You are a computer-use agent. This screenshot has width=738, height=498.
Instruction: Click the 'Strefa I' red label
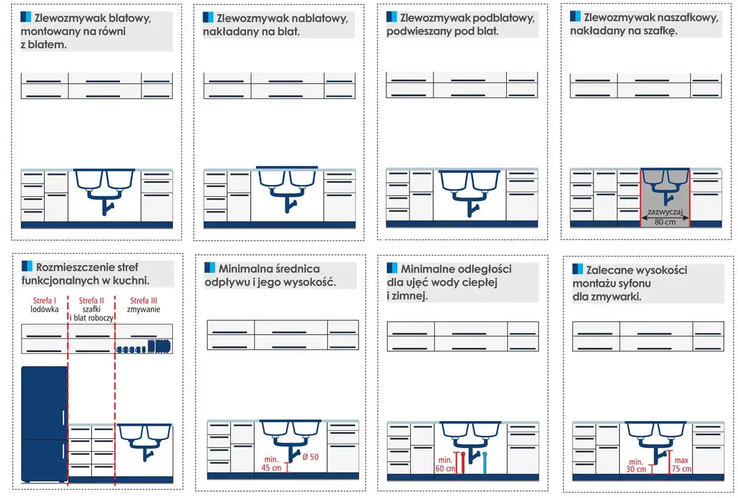pyautogui.click(x=44, y=300)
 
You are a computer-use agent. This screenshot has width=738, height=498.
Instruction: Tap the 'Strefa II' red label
pyautogui.click(x=91, y=300)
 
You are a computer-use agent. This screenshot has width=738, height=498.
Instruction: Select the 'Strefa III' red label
pyautogui.click(x=144, y=300)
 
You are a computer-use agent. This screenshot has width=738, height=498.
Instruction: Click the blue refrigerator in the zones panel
pyautogui.click(x=44, y=424)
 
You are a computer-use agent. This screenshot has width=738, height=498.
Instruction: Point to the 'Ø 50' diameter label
pyautogui.click(x=311, y=457)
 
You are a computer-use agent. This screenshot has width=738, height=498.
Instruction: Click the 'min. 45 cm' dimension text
pyautogui.click(x=271, y=464)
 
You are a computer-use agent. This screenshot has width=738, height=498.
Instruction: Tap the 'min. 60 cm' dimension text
pyautogui.click(x=445, y=464)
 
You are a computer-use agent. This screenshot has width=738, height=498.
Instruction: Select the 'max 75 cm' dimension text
pyautogui.click(x=681, y=464)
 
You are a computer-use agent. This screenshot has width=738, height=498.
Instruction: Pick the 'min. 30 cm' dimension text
pyautogui.click(x=636, y=465)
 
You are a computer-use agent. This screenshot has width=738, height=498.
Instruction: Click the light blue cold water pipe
pyautogui.click(x=485, y=463)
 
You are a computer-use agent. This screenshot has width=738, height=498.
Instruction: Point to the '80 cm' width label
pyautogui.click(x=665, y=222)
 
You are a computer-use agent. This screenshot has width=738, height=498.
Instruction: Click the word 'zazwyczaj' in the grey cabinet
pyautogui.click(x=665, y=212)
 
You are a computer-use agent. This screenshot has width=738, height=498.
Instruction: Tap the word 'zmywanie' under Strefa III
pyautogui.click(x=144, y=310)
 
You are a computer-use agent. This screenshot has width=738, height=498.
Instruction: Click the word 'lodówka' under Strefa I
pyautogui.click(x=44, y=309)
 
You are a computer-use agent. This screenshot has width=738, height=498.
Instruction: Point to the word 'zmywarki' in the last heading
pyautogui.click(x=607, y=297)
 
